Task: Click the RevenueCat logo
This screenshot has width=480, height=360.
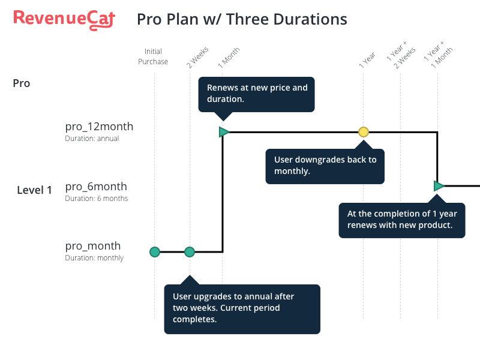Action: pyautogui.click(x=64, y=20)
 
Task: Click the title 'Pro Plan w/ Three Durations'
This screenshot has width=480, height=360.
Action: pyautogui.click(x=242, y=19)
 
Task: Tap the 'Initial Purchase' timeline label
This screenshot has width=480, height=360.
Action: pyautogui.click(x=153, y=56)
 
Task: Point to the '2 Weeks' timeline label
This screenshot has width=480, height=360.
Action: pyautogui.click(x=198, y=57)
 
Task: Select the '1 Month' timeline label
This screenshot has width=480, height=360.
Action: pyautogui.click(x=229, y=58)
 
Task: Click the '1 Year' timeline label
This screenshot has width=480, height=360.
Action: pyautogui.click(x=367, y=59)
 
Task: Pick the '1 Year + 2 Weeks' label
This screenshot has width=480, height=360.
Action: pyautogui.click(x=401, y=55)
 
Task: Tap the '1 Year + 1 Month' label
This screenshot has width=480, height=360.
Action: pyautogui.click(x=438, y=55)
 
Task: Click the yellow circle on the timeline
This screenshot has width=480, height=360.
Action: pyautogui.click(x=364, y=132)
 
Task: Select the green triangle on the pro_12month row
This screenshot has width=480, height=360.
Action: pyautogui.click(x=224, y=132)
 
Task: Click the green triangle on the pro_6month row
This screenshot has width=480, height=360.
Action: pyautogui.click(x=439, y=186)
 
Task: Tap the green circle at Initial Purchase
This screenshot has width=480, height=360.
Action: pyautogui.click(x=155, y=252)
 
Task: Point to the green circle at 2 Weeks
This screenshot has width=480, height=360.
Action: pyautogui.click(x=190, y=252)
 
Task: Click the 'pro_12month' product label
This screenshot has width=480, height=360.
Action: pyautogui.click(x=99, y=127)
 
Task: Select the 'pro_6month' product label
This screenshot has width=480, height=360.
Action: pyautogui.click(x=96, y=187)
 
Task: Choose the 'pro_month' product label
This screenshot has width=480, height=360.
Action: pyautogui.click(x=93, y=246)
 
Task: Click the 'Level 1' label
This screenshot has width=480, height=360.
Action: pyautogui.click(x=34, y=190)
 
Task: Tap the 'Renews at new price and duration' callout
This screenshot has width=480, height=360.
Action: pyautogui.click(x=257, y=94)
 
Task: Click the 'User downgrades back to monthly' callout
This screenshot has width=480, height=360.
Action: pyautogui.click(x=325, y=166)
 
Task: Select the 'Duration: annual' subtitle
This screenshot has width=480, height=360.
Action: pyautogui.click(x=92, y=139)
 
